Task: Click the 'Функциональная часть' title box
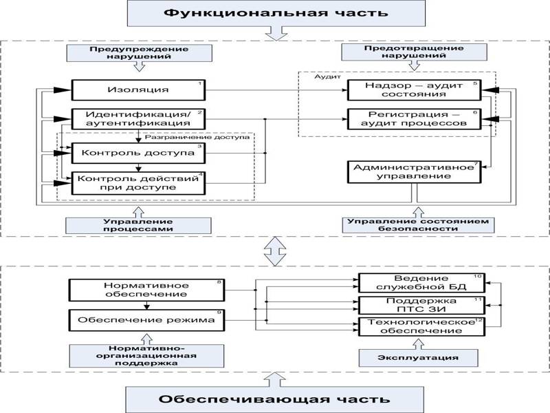(274, 13)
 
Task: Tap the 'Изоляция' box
(138, 90)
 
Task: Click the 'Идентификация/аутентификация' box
(138, 118)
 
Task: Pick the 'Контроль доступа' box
(138, 152)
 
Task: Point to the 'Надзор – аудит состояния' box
(413, 90)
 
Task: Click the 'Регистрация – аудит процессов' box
(413, 118)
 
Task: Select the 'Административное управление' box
(413, 171)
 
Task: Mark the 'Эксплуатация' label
(408, 357)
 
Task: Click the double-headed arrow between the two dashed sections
(274, 252)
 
